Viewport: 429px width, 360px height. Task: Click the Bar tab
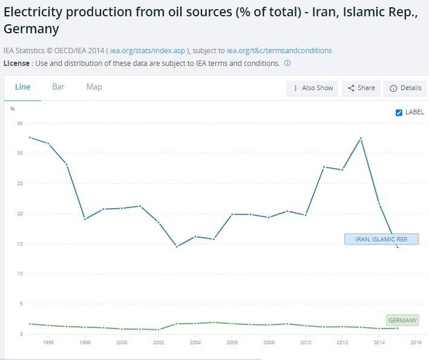(58, 87)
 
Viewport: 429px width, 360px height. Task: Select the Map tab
(94, 87)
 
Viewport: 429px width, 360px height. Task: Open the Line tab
(22, 87)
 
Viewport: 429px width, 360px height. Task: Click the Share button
(361, 88)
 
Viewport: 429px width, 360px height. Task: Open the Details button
(405, 88)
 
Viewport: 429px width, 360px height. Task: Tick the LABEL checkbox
(399, 113)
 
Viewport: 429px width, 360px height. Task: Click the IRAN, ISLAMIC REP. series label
(381, 240)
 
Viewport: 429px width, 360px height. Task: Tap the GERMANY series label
(402, 320)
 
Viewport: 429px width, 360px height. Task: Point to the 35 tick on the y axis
(20, 123)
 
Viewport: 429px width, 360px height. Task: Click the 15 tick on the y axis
(20, 244)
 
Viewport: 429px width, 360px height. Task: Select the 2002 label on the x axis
(159, 343)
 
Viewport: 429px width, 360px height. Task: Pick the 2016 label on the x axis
(416, 343)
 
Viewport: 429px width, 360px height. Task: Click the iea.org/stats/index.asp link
(147, 51)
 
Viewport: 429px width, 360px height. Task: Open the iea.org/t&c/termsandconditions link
(279, 51)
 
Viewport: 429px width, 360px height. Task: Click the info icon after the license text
(287, 63)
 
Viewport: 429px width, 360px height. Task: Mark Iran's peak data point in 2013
(361, 139)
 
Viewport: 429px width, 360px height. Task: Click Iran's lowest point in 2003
(177, 246)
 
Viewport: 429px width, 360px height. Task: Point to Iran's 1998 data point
(85, 218)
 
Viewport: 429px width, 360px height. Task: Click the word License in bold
(16, 63)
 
